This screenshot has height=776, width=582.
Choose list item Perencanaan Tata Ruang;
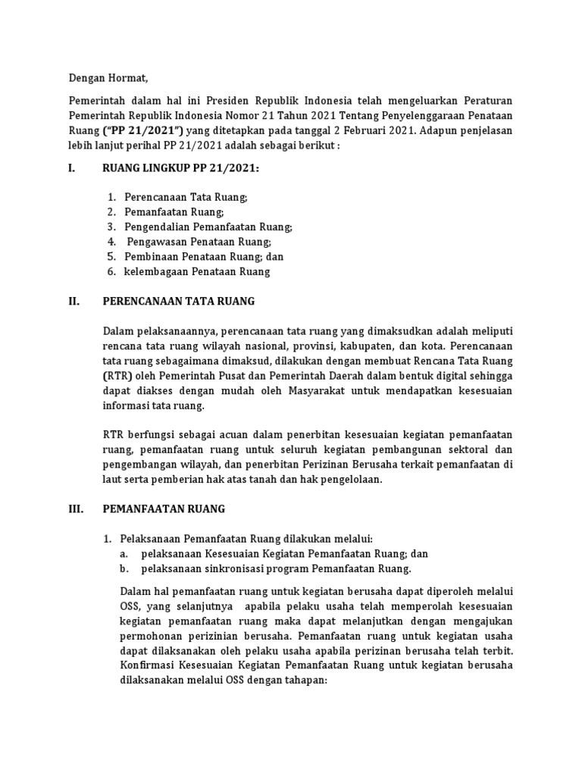pos(186,197)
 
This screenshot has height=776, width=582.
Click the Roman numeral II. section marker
pos(74,301)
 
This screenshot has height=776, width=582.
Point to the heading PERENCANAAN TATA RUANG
pos(178,301)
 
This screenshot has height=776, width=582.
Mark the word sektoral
pos(470,449)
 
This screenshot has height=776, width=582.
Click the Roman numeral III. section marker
pos(76,508)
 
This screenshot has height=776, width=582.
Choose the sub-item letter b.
pos(124,568)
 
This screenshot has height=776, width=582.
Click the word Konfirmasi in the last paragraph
pos(152,665)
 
